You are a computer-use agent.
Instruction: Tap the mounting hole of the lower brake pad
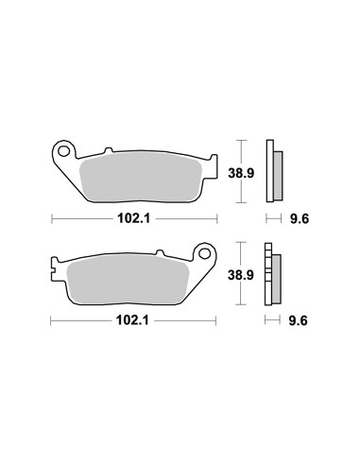click(x=201, y=253)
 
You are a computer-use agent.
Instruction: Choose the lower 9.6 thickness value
click(x=298, y=322)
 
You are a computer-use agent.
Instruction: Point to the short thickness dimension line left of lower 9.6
click(x=274, y=322)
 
